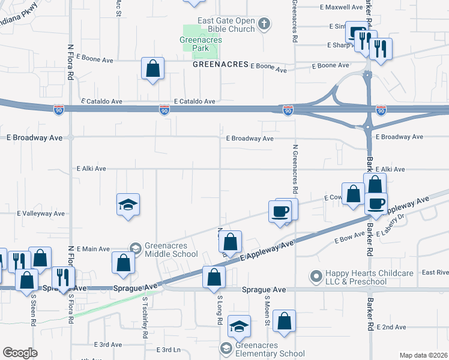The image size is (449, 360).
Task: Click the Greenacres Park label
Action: pyautogui.click(x=200, y=44)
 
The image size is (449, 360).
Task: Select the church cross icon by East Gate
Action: pyautogui.click(x=264, y=24)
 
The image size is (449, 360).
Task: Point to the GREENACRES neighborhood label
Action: pyautogui.click(x=220, y=64)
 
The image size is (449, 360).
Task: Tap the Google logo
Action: pyautogui.click(x=20, y=353)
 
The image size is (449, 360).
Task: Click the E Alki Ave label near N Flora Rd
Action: pyautogui.click(x=91, y=169)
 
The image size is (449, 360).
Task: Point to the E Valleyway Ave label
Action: pyautogui.click(x=41, y=213)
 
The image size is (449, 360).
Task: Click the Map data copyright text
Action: pyautogui.click(x=424, y=355)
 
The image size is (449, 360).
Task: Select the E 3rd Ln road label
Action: pyautogui.click(x=169, y=350)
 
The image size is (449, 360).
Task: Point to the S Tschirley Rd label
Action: pyautogui.click(x=145, y=318)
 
